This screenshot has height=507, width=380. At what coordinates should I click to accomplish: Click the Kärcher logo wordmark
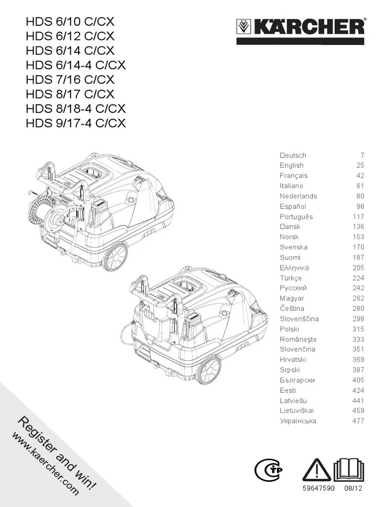(x=301, y=27)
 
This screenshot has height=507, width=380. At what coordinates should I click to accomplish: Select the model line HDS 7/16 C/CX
(x=70, y=80)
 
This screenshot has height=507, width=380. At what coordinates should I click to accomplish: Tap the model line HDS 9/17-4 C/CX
(x=76, y=123)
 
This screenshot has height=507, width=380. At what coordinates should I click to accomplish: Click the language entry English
(x=291, y=165)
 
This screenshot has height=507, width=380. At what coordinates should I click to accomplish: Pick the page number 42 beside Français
(x=360, y=176)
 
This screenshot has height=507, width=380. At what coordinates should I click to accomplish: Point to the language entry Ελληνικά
(x=294, y=268)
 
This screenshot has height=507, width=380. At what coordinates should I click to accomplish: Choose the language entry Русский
(x=293, y=288)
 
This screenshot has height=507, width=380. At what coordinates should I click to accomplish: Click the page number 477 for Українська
(x=358, y=421)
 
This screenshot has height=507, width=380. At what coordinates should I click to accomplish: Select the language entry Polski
(x=289, y=329)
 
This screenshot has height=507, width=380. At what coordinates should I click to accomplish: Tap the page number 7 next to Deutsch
(x=362, y=155)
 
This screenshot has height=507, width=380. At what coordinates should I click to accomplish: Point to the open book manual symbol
(x=349, y=470)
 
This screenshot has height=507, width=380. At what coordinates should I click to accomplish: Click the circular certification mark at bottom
(x=268, y=470)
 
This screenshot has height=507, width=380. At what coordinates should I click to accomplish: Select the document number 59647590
(x=319, y=488)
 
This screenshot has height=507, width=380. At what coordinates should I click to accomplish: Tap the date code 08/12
(x=353, y=488)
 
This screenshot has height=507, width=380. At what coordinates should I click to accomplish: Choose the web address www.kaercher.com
(x=46, y=464)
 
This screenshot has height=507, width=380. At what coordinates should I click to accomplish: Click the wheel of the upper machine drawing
(x=114, y=256)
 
